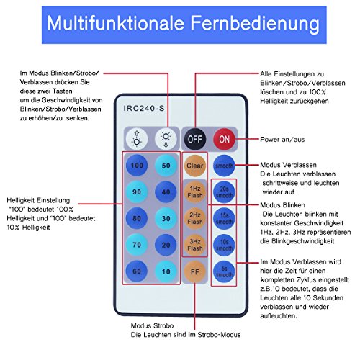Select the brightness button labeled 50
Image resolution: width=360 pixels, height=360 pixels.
point(166,166)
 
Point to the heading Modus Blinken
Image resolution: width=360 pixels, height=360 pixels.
point(282,205)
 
